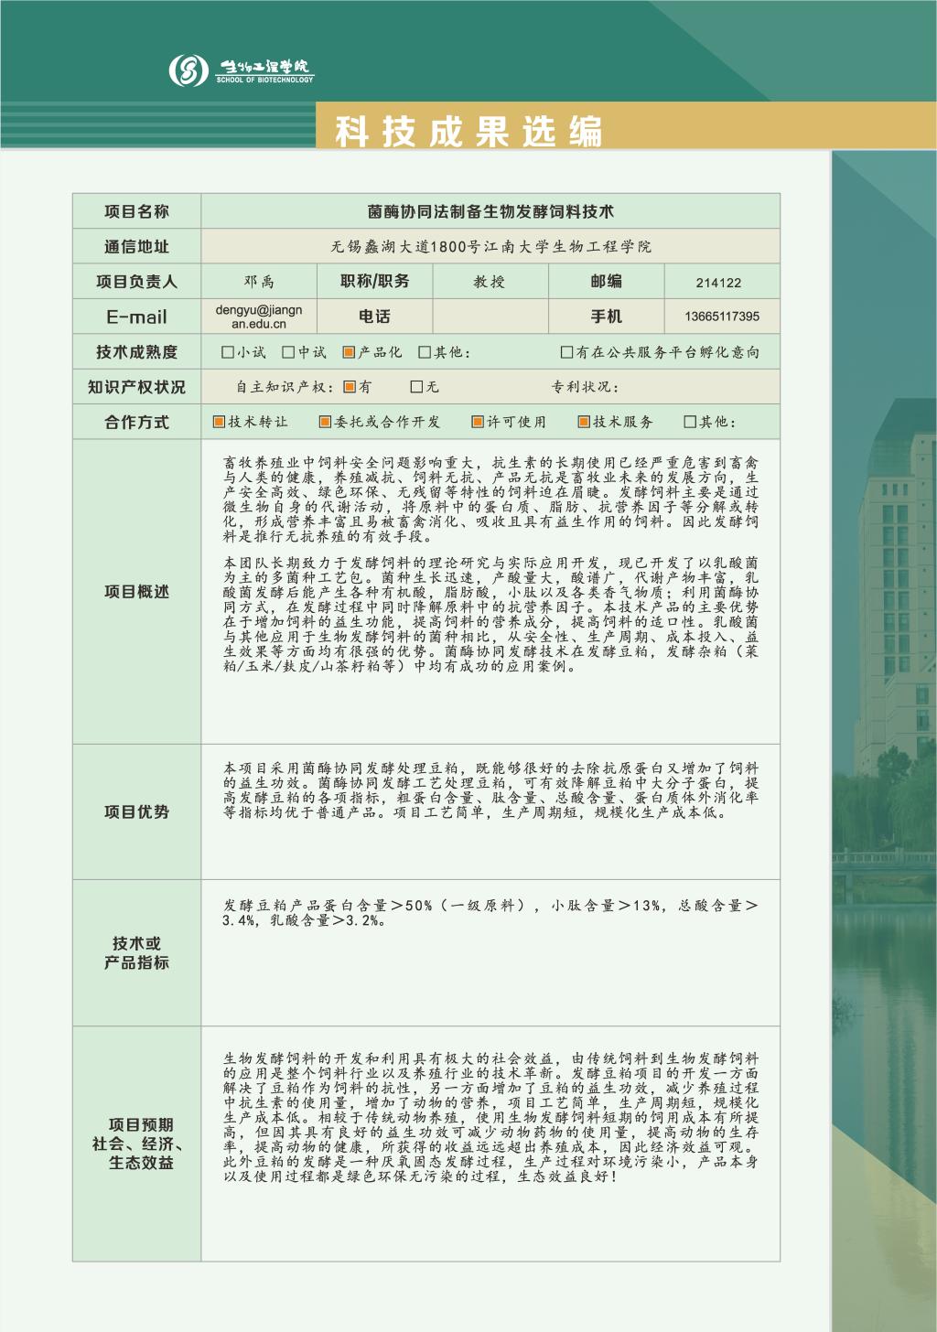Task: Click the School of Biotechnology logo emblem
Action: (x=189, y=70)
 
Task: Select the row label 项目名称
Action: (x=136, y=211)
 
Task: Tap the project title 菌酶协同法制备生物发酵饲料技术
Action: (x=490, y=211)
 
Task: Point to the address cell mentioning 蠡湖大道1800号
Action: (x=490, y=247)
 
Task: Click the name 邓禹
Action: (x=259, y=282)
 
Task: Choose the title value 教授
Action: (x=490, y=282)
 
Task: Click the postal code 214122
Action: (x=718, y=283)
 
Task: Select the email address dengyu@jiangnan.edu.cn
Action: (x=259, y=317)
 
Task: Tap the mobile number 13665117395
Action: (x=721, y=317)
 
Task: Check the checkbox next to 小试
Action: (x=228, y=352)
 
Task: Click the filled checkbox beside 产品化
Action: (x=349, y=352)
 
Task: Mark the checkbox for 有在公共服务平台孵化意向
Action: (x=566, y=352)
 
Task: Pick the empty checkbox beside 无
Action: (x=416, y=387)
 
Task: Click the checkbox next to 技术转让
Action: (x=219, y=422)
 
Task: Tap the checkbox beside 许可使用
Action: (x=477, y=422)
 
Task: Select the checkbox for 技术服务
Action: (x=584, y=422)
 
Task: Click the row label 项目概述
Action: (x=136, y=592)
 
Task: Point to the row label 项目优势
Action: (x=136, y=811)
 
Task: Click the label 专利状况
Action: (x=582, y=387)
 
